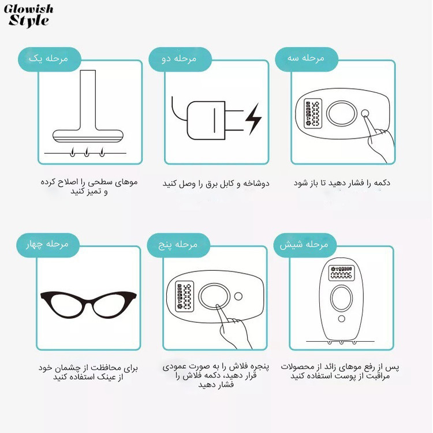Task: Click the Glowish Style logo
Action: click(x=28, y=16)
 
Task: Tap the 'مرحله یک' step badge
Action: click(x=50, y=59)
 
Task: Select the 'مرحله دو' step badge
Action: click(x=180, y=59)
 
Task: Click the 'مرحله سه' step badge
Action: click(x=307, y=59)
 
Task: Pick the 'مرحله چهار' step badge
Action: click(x=48, y=245)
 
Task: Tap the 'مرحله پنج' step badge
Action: click(x=178, y=245)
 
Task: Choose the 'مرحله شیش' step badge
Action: click(x=305, y=245)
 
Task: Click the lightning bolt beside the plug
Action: click(x=253, y=119)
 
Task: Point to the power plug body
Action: click(x=206, y=121)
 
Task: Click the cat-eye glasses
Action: click(x=88, y=305)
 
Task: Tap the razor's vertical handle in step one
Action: click(x=88, y=100)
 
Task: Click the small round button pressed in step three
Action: click(x=365, y=113)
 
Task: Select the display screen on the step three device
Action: click(x=313, y=114)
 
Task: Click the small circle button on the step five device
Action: click(x=238, y=296)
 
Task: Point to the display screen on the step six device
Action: click(x=341, y=273)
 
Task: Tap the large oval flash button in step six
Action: click(x=342, y=298)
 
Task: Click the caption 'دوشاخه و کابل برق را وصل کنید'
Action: click(x=216, y=184)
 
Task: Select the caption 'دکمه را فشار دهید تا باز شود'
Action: click(x=342, y=183)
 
